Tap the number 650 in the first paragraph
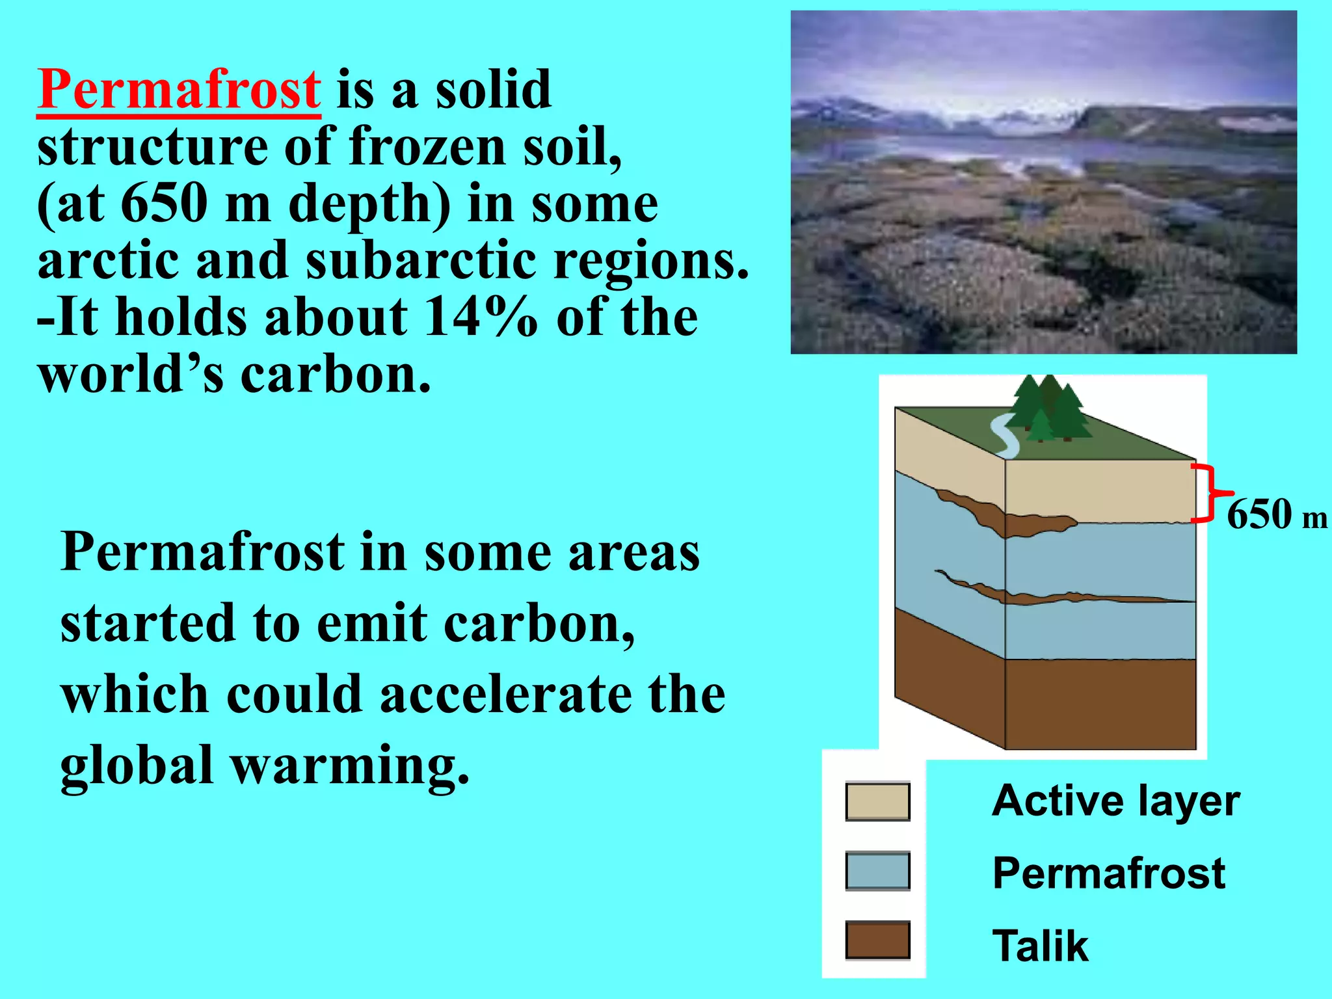164,203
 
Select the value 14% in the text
480,317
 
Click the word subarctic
421,260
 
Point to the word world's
130,375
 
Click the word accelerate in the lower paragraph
505,694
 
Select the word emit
371,623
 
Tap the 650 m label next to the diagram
1275,515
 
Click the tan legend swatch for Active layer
877,801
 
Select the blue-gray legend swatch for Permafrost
877,871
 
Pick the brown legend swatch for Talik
877,940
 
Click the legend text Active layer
1115,801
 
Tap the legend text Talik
1039,946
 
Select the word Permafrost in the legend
1108,873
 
